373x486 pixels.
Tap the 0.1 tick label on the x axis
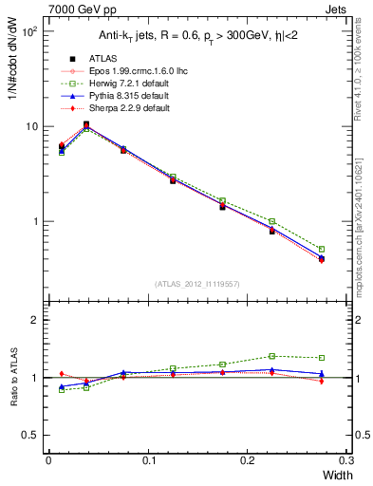click(147, 461)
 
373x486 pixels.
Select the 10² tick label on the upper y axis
click(30, 31)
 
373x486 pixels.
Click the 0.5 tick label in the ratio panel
click(31, 435)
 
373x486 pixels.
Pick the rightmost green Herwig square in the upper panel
click(321, 250)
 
